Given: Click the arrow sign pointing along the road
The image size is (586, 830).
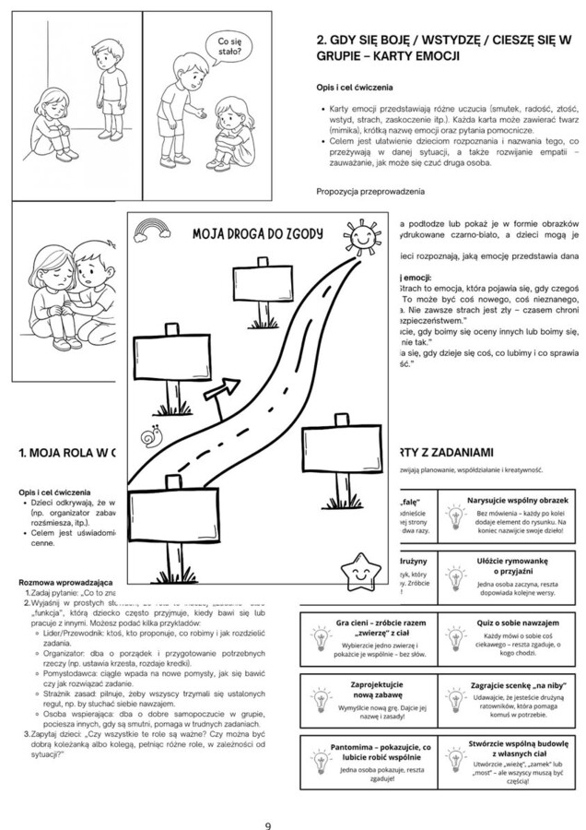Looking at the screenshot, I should (217, 393).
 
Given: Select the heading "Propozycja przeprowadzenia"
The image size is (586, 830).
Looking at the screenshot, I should (369, 191).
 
